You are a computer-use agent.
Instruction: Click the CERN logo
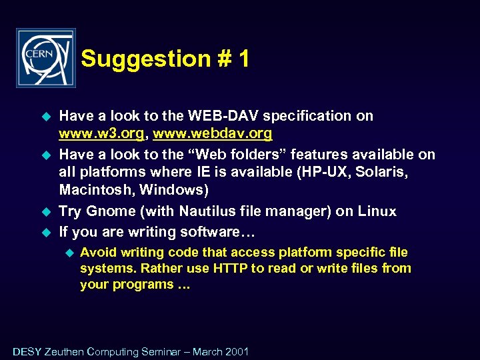tap(45, 58)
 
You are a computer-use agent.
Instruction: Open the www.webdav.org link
tap(213, 133)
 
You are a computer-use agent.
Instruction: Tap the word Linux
tap(375, 211)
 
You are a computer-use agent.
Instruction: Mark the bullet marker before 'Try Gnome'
tap(47, 211)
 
